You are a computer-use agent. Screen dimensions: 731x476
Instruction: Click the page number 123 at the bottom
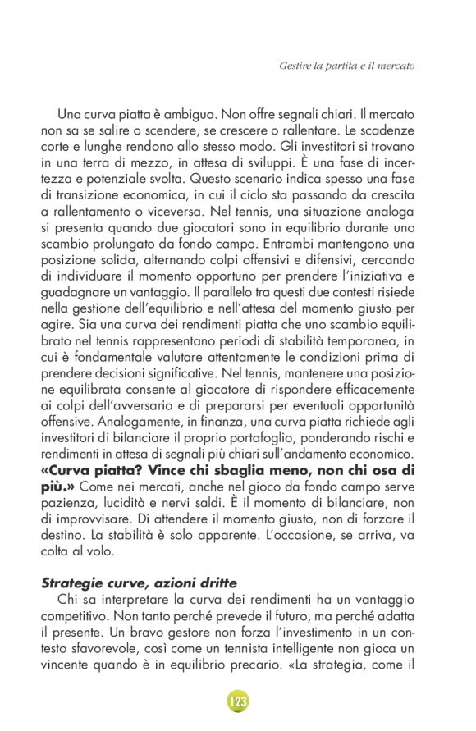coord(238,701)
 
